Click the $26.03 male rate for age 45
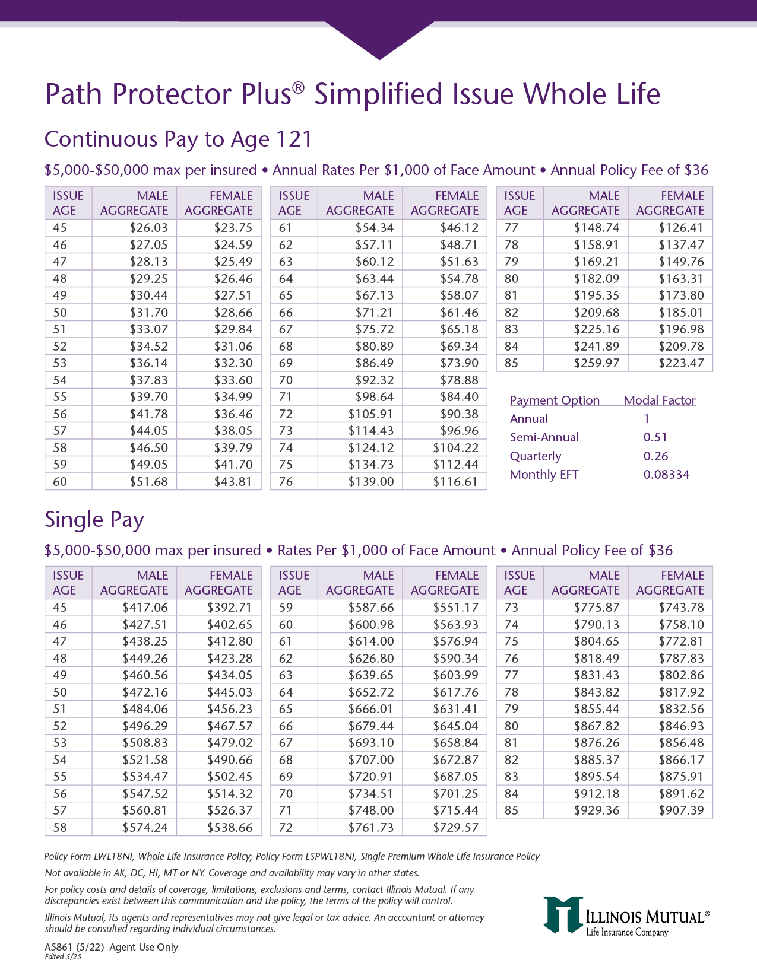[148, 228]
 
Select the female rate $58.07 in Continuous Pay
[459, 295]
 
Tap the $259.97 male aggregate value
[596, 363]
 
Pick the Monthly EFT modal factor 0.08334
[666, 475]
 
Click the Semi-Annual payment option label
[544, 437]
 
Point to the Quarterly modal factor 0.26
[655, 456]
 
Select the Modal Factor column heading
[659, 401]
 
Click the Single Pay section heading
[94, 520]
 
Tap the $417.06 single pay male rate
[145, 608]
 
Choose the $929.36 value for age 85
[596, 810]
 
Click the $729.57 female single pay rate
[455, 828]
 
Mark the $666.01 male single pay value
[371, 709]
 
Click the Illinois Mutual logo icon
[562, 914]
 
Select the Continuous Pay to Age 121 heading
[178, 139]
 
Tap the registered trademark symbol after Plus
[298, 88]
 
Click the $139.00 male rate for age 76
[371, 482]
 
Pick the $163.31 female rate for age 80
[681, 279]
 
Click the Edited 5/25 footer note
[63, 957]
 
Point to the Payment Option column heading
[555, 401]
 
